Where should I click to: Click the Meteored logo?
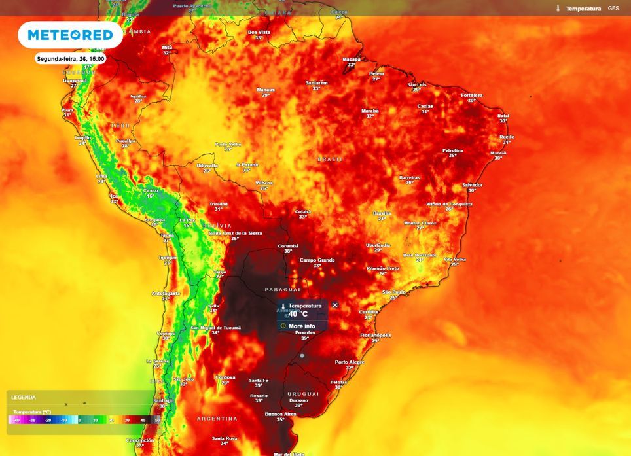(70, 35)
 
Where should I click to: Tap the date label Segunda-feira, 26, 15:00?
(71, 59)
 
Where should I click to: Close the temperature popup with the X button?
(335, 305)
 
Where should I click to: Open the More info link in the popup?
(301, 326)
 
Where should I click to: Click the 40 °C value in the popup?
(298, 313)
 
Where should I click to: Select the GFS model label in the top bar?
(613, 9)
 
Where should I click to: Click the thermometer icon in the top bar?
(558, 9)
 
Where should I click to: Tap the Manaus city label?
(266, 90)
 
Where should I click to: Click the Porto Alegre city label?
(349, 362)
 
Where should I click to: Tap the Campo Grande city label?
(317, 260)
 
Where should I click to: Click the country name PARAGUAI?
(283, 289)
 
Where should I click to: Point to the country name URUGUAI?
(303, 394)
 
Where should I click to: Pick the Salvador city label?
(473, 184)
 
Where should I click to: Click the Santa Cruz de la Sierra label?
(234, 233)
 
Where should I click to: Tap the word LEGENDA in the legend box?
(23, 397)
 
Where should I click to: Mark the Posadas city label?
(305, 332)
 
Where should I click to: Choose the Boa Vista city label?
(259, 32)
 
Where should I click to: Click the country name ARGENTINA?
(217, 418)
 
